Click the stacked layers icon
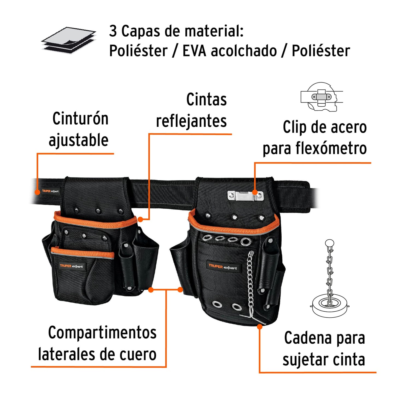tap(69, 40)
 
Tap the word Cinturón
tap(80, 119)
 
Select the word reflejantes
tap(191, 121)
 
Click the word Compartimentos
tap(102, 333)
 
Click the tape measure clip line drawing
tap(321, 97)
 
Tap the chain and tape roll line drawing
tap(330, 279)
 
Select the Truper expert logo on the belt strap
tap(50, 191)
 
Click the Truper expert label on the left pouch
tap(71, 266)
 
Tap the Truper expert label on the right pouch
tap(223, 267)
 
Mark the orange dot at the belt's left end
tap(38, 192)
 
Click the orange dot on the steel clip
tap(254, 192)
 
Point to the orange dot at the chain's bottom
tap(260, 326)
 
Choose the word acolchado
tap(244, 51)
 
